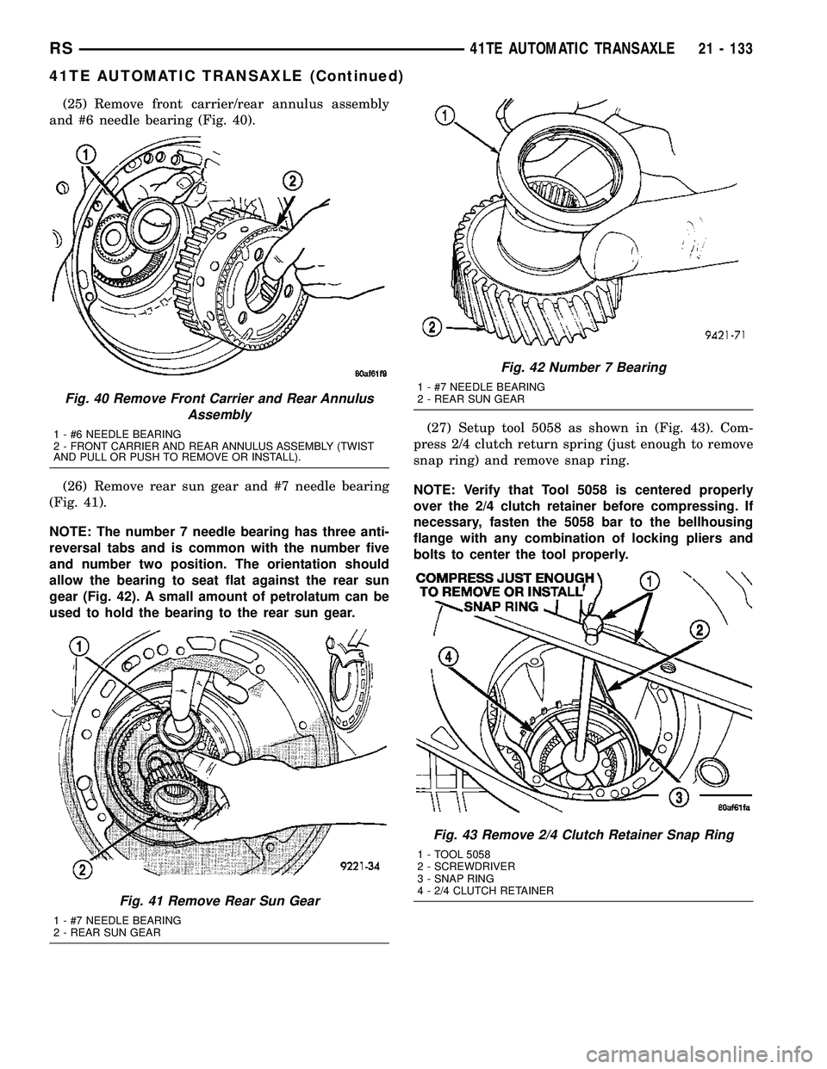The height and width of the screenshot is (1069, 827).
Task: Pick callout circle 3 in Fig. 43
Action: pyautogui.click(x=679, y=799)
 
